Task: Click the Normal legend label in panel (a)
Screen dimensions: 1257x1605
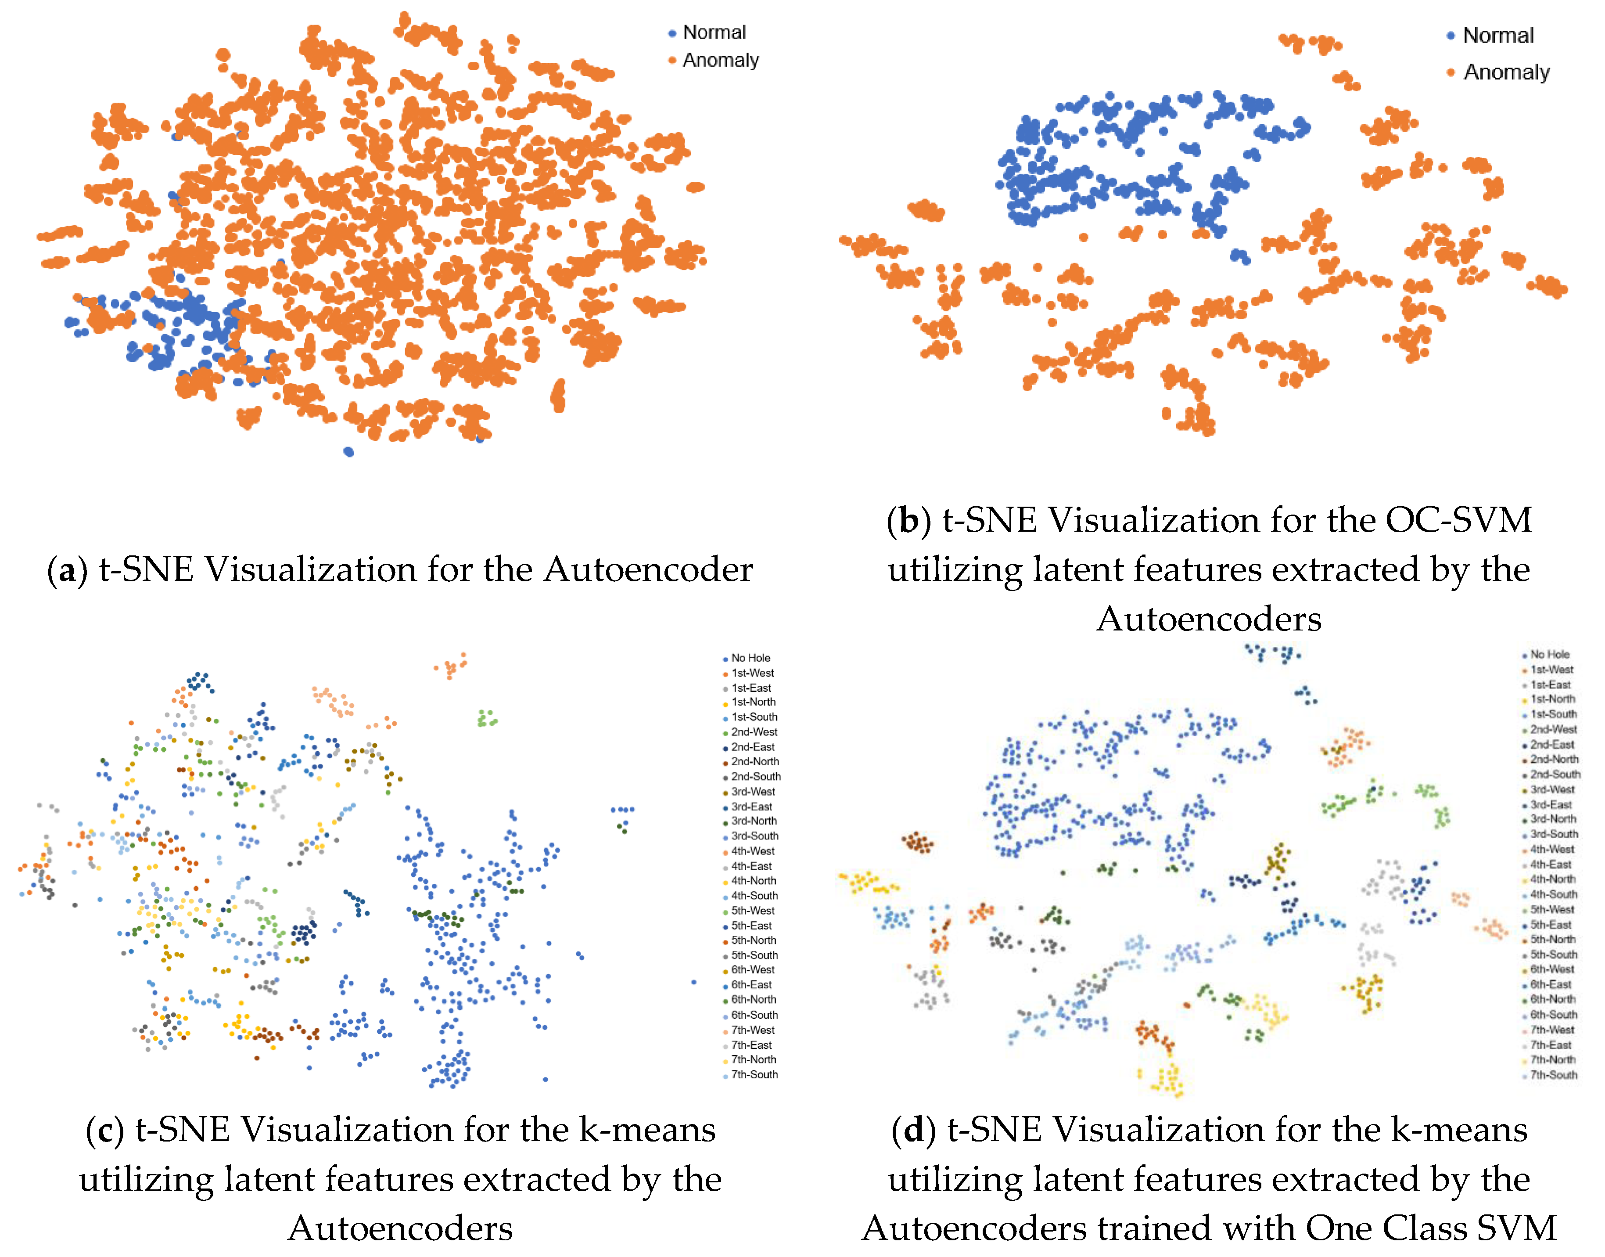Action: click(714, 32)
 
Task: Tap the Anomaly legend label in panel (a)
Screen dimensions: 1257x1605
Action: click(720, 60)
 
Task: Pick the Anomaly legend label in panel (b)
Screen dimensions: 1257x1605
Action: click(1506, 72)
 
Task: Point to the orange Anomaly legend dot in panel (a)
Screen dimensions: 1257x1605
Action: click(671, 60)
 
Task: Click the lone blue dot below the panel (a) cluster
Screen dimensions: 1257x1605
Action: click(348, 452)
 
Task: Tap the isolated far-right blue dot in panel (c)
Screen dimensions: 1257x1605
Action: click(693, 982)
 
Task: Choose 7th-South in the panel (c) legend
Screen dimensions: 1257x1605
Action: click(754, 1074)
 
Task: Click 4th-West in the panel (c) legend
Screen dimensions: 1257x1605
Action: click(753, 851)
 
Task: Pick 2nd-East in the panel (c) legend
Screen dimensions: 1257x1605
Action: click(753, 747)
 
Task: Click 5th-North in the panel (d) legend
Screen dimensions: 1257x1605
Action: click(1553, 939)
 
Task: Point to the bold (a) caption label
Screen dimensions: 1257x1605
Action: click(67, 570)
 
